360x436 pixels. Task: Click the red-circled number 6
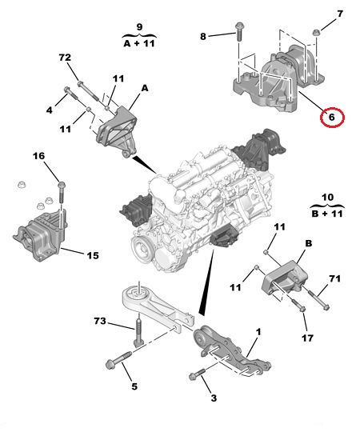coord(332,117)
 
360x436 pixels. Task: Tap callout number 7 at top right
coord(340,14)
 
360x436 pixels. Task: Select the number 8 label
coord(203,36)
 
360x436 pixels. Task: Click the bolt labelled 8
coord(238,32)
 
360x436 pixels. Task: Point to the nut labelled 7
coord(316,33)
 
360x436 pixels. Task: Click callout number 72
coord(65,58)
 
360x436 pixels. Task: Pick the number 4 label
coord(50,110)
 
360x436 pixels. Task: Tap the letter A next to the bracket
coord(145,88)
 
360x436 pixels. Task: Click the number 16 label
coord(38,156)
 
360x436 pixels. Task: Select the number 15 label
coord(93,255)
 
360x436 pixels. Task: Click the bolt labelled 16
coord(62,192)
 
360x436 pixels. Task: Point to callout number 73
coord(100,321)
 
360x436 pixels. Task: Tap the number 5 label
coord(134,386)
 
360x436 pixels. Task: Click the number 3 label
coord(214,398)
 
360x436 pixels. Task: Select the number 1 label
coord(258,332)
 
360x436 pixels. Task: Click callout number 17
coord(307,338)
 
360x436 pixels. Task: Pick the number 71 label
coord(334,278)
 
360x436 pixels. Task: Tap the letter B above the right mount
coord(309,243)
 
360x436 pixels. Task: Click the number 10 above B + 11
coord(327,197)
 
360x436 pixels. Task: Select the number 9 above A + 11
coord(139,27)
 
